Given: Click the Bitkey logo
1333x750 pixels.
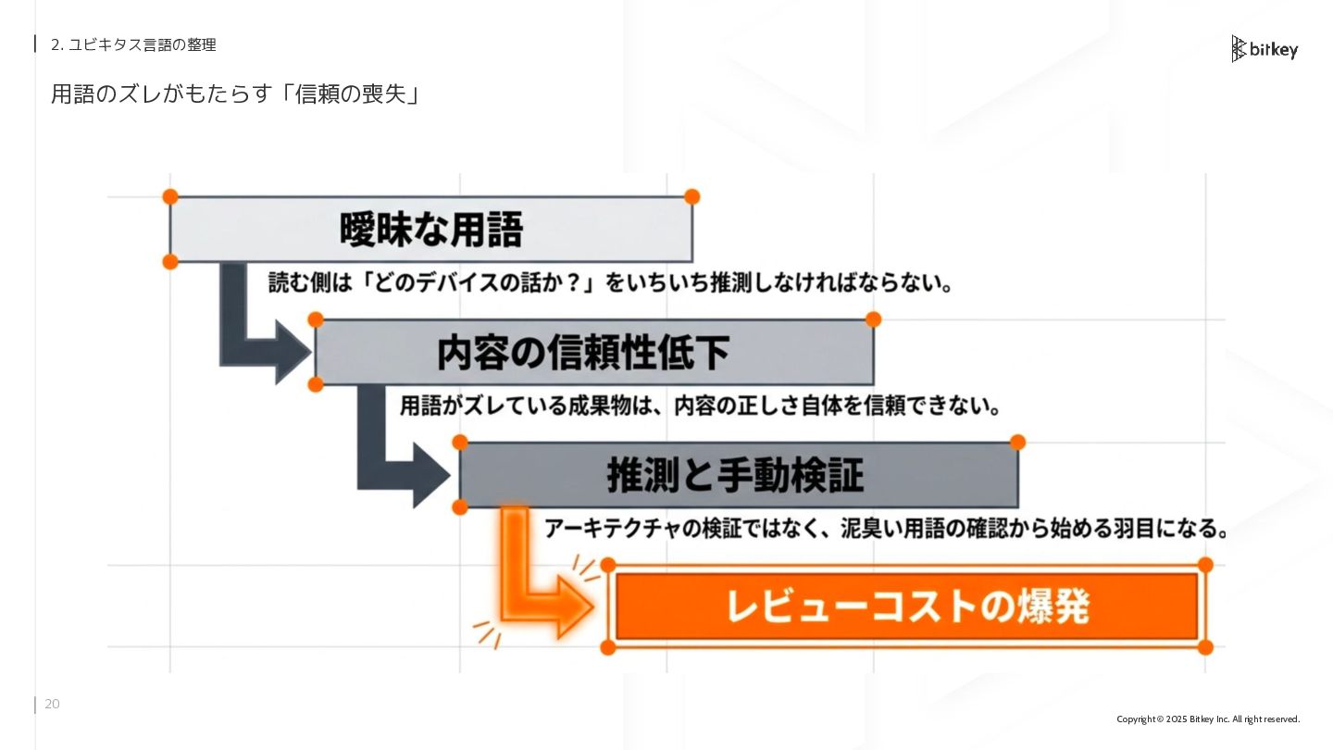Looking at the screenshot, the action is coord(1264,49).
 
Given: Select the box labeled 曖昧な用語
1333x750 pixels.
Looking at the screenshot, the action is coord(430,230).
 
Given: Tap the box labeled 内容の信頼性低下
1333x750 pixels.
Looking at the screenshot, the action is coord(593,353).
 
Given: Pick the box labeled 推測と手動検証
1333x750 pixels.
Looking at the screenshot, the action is coord(738,475).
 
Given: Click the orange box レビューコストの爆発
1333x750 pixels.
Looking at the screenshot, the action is coord(906,606).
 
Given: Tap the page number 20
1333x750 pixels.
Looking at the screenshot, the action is coord(52,705).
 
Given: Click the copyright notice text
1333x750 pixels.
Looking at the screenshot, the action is coord(1208,719).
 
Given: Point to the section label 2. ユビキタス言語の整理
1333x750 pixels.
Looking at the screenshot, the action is coord(133,44).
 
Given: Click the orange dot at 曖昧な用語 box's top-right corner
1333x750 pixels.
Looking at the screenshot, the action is coord(691,196).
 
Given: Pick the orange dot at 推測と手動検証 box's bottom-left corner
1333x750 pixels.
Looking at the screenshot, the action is coord(460,506).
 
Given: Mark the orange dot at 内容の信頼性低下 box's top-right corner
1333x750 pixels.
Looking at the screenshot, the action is coord(873,319).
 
